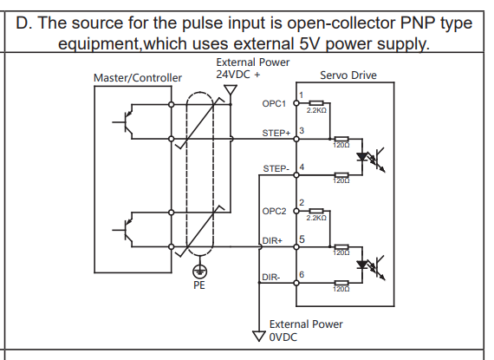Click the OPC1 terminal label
[x=274, y=104]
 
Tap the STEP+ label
[x=276, y=134]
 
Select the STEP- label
[x=276, y=169]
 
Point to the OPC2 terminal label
[x=274, y=211]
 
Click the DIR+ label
[x=272, y=241]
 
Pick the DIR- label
[x=271, y=278]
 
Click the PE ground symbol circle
[x=199, y=272]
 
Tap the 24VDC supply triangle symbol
[x=231, y=90]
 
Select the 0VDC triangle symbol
[x=258, y=336]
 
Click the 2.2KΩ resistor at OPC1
[x=316, y=102]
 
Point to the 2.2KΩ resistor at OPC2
[x=316, y=211]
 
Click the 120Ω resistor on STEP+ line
[x=341, y=139]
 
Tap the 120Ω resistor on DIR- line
[x=341, y=283]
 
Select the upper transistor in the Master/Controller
[x=125, y=121]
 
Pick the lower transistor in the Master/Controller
[x=125, y=230]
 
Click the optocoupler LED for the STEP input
[x=362, y=157]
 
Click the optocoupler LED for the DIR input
[x=362, y=265]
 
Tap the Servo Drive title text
[x=348, y=75]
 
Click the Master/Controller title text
[x=138, y=78]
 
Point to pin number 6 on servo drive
[x=302, y=275]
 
